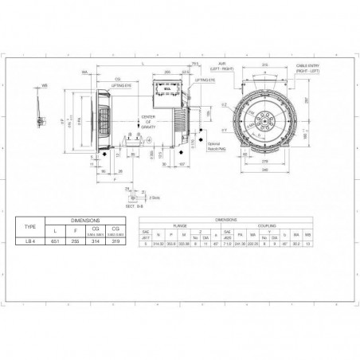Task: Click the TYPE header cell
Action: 32,225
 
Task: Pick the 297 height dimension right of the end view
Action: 305,102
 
